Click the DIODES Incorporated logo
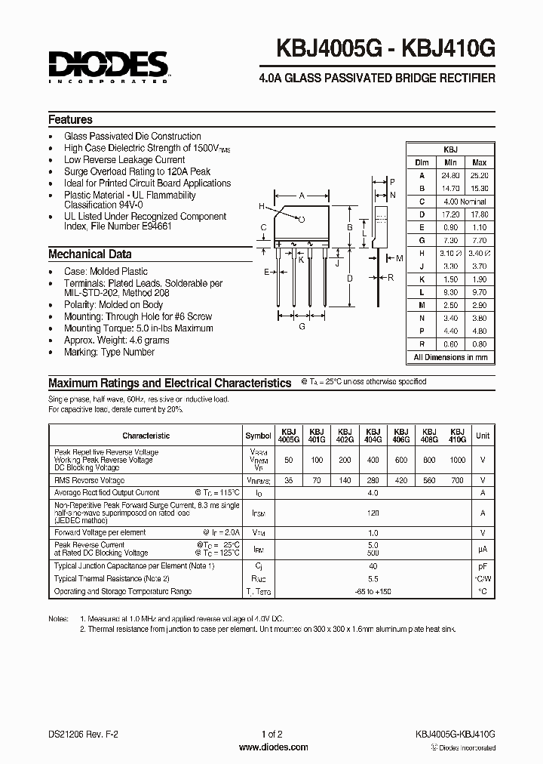click(x=109, y=66)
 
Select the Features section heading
click(x=70, y=119)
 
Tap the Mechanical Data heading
click(x=90, y=254)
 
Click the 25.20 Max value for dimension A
click(x=479, y=175)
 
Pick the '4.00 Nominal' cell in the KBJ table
click(x=465, y=202)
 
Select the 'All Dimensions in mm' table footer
click(x=450, y=357)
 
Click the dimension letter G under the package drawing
click(x=302, y=327)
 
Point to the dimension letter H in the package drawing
click(x=261, y=206)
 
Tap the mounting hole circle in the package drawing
click(x=302, y=220)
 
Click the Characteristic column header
click(x=146, y=436)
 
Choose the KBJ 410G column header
click(x=457, y=436)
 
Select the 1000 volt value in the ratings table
click(x=457, y=460)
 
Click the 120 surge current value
click(x=372, y=512)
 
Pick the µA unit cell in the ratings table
click(x=483, y=550)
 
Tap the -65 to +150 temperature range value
click(x=372, y=591)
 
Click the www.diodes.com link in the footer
click(x=272, y=747)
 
